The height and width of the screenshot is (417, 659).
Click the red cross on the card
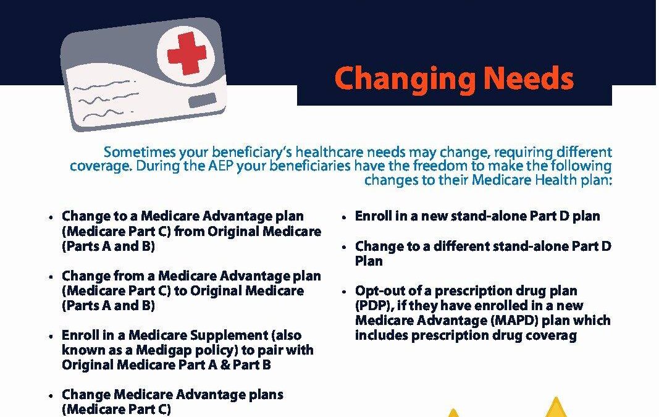pos(187,53)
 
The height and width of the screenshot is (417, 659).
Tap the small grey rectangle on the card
pos(203,101)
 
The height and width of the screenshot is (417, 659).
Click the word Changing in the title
pos(405,80)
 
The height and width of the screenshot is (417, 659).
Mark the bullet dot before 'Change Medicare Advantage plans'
pos(51,396)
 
